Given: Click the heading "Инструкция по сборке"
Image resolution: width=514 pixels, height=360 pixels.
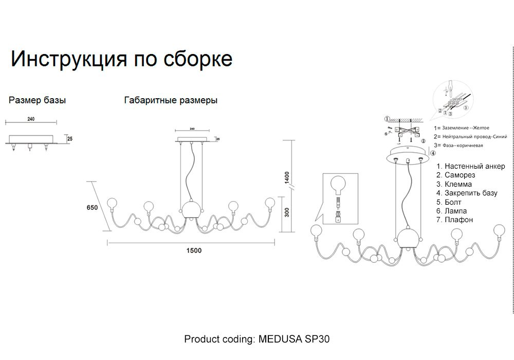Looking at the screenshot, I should click(x=121, y=59).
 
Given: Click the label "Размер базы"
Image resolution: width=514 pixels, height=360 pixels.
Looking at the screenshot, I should click(x=37, y=100).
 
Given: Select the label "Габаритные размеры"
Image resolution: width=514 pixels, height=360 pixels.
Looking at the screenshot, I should click(x=171, y=100).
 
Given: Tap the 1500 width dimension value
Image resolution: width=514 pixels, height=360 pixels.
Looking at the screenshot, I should click(x=194, y=250).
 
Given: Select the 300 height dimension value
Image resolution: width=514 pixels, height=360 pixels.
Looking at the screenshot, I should click(x=287, y=210).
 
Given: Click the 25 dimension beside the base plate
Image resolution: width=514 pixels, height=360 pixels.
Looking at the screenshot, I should click(x=70, y=138).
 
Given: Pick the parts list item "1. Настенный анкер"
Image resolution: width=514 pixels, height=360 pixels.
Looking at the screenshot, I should click(x=471, y=166).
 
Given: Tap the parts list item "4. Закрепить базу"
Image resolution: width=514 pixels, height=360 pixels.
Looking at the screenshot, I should click(x=467, y=193).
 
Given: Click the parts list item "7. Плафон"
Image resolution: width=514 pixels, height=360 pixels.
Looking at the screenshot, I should click(x=454, y=220).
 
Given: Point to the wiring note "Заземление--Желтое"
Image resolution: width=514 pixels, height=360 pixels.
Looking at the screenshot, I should click(x=465, y=128).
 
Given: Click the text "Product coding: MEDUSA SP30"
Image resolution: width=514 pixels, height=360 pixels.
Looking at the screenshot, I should click(x=256, y=339).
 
